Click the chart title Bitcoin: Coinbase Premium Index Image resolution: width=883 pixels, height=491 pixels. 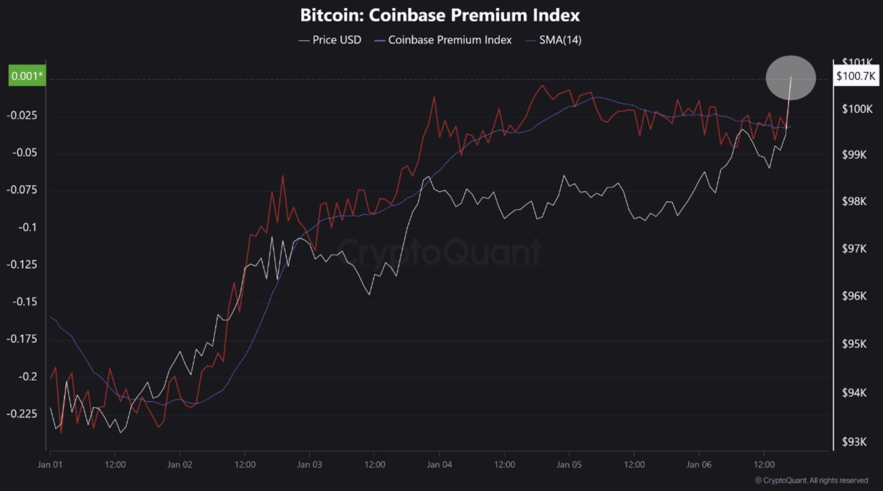439,15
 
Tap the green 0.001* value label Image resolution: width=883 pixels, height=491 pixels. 27,76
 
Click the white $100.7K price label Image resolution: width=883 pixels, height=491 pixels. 856,76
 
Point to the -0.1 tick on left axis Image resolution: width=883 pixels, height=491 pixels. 27,227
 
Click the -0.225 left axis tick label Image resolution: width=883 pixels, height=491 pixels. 22,414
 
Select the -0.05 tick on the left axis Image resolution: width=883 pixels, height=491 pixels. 25,152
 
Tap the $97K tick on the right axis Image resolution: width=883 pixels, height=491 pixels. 854,248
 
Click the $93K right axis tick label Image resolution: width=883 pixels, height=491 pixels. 854,442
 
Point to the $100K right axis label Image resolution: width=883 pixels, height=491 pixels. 857,109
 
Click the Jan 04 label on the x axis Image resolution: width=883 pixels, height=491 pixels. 439,465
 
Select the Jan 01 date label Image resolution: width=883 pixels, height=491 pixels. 50,465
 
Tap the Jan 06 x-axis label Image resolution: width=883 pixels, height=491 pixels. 699,465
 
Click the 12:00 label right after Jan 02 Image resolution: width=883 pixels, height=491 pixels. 245,465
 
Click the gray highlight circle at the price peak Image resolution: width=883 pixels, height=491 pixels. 790,78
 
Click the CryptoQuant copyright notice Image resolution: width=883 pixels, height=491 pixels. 811,480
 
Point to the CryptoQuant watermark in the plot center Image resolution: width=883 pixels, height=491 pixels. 439,251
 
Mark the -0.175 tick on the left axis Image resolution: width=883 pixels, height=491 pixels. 22,339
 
